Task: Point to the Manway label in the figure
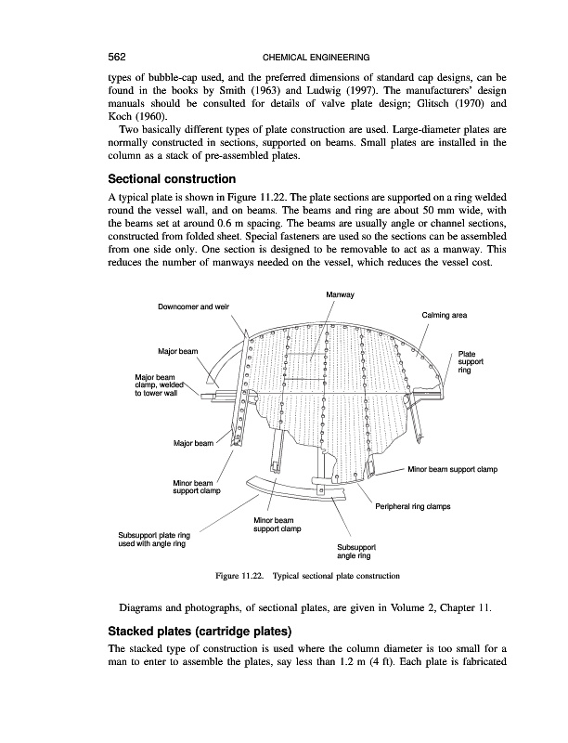[341, 294]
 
